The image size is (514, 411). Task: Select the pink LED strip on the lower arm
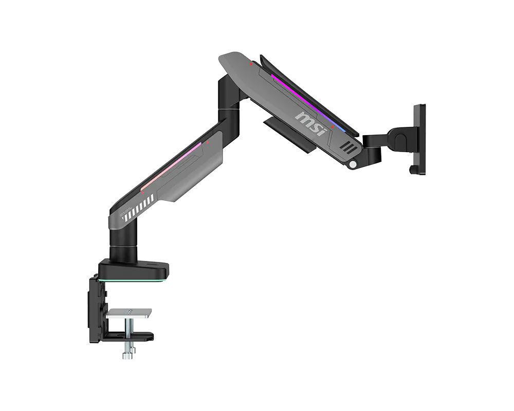(x=171, y=166)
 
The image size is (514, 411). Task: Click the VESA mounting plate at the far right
(x=419, y=139)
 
